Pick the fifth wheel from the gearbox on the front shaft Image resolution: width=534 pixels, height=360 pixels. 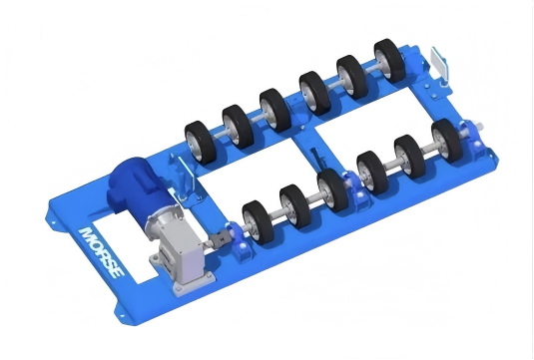click(x=406, y=154)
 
